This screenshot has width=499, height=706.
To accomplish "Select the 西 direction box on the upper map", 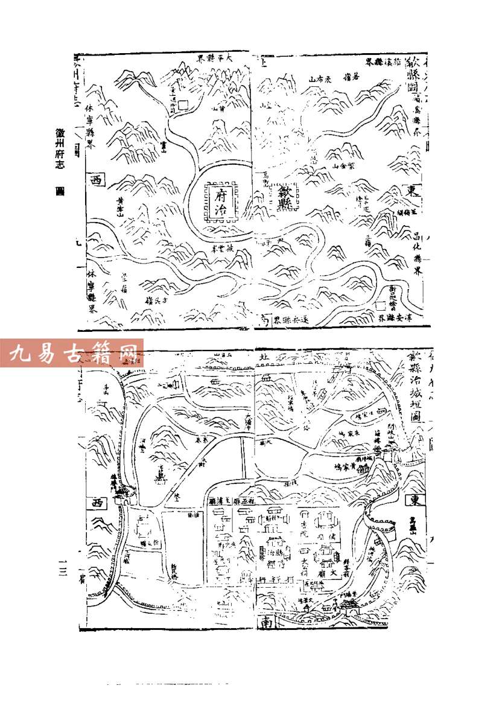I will (96, 179).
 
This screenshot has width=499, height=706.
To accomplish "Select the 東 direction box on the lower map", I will (413, 500).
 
